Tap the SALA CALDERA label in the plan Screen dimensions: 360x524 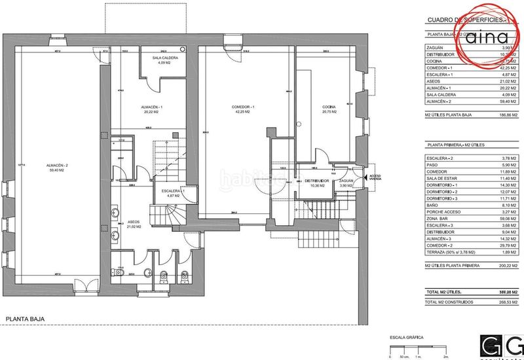click(166, 58)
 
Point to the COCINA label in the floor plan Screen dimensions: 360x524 click(329, 107)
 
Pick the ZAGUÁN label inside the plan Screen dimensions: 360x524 click(346, 181)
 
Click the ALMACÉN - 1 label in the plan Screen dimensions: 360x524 click(152, 107)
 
